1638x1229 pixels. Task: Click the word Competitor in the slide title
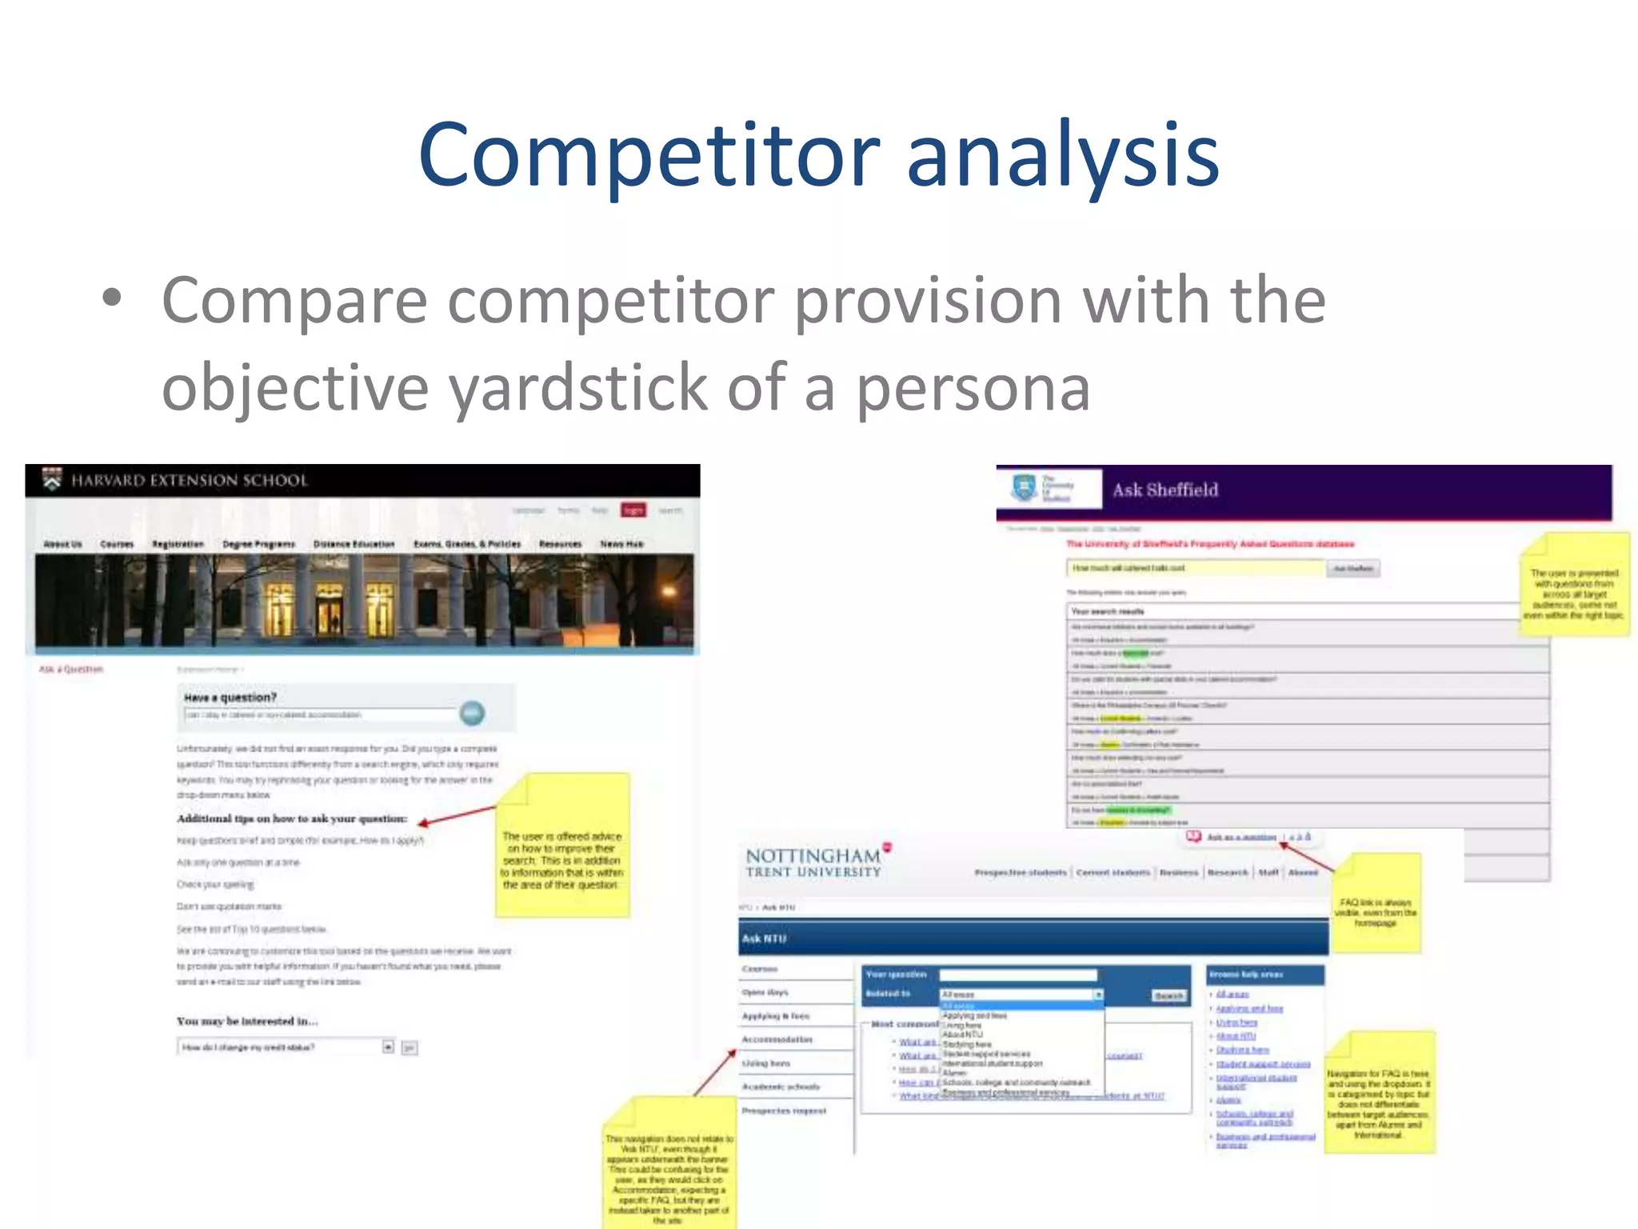[x=648, y=156]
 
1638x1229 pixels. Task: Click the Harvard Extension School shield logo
[x=52, y=479]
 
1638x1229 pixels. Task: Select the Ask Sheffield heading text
[x=1165, y=490]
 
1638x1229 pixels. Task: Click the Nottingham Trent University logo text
[x=813, y=863]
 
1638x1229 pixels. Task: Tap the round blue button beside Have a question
[x=472, y=712]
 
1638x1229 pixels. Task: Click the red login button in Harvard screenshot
[x=633, y=510]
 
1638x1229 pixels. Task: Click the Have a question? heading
[x=230, y=698]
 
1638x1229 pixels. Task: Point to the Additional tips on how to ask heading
[x=292, y=819]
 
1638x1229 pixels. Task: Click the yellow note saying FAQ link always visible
[x=1376, y=904]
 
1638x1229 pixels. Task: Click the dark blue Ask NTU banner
[x=1032, y=938]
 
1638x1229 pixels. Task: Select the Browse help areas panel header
[x=1264, y=975]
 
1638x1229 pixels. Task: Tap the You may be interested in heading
[x=247, y=1021]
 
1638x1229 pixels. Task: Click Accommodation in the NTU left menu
[x=777, y=1039]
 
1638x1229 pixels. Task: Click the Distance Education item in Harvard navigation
[x=354, y=544]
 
